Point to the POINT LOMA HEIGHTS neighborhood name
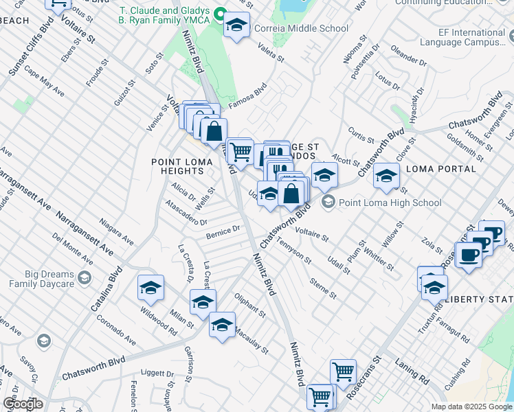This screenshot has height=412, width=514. [177, 167]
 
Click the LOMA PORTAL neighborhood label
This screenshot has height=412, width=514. [437, 169]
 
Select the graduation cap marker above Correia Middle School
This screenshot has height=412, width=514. [237, 26]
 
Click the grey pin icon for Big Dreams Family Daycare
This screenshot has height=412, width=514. [84, 278]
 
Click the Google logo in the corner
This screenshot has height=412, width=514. [23, 404]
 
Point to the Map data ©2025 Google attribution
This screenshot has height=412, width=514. [471, 407]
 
